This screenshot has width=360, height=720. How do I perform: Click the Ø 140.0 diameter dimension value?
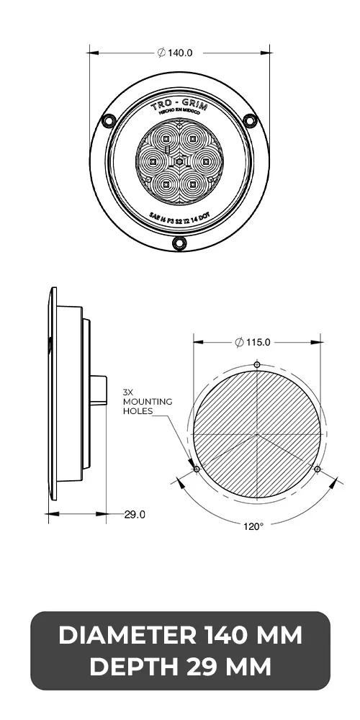click(179, 53)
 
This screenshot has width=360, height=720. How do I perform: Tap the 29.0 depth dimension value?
click(135, 514)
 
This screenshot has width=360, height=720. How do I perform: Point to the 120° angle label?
click(253, 526)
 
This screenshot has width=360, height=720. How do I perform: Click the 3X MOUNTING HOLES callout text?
click(147, 402)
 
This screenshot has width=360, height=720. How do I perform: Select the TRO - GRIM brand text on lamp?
click(179, 106)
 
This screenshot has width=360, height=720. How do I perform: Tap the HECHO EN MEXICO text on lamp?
click(179, 116)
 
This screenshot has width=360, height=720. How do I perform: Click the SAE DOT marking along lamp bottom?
click(179, 217)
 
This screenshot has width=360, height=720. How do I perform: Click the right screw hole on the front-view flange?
click(251, 120)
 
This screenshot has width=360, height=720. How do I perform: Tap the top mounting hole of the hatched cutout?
click(257, 365)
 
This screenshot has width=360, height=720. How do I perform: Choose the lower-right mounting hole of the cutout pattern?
click(318, 469)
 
